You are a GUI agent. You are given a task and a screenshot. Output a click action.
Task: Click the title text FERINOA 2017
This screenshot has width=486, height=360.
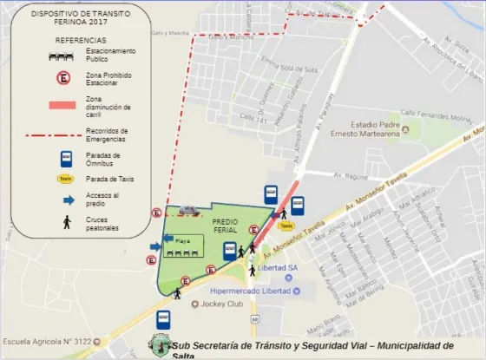point(74,24)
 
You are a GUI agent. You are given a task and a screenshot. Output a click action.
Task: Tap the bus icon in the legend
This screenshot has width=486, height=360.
point(64,159)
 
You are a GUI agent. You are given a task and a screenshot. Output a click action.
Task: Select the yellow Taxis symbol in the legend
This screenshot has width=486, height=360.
point(64,179)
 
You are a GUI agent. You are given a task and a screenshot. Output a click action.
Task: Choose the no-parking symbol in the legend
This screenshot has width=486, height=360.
point(63,78)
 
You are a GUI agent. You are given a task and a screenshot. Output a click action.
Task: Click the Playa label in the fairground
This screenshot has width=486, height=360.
point(182,239)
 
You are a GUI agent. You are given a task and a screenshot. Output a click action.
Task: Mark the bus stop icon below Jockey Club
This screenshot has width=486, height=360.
point(162,319)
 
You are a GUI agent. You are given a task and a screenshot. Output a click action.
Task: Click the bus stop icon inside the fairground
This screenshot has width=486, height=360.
point(229,252)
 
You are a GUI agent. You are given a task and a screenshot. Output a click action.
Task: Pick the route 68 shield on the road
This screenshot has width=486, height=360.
point(254,318)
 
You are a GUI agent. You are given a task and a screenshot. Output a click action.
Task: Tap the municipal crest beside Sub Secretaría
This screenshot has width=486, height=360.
point(161,346)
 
